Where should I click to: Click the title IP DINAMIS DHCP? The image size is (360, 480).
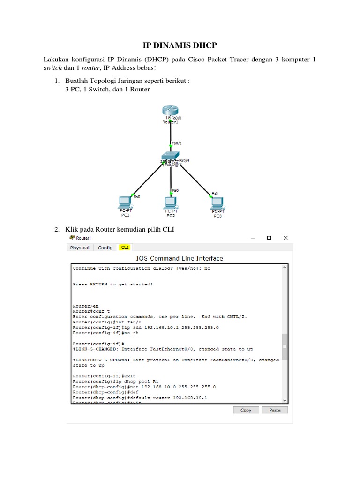(180, 45)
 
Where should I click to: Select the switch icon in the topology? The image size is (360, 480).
(171, 156)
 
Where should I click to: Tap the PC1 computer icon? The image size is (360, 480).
(125, 202)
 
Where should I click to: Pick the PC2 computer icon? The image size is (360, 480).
(171, 202)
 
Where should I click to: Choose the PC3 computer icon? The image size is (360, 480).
(217, 202)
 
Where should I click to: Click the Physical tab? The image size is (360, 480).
(80, 247)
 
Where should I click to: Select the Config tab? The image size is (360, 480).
(105, 247)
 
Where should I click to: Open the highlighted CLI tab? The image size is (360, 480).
(125, 247)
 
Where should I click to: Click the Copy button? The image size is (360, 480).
(246, 410)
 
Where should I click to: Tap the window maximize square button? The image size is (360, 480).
(269, 238)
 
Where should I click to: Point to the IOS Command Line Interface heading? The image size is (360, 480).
(180, 258)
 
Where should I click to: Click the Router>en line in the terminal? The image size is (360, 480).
(86, 306)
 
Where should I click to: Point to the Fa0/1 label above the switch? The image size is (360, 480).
(177, 142)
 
